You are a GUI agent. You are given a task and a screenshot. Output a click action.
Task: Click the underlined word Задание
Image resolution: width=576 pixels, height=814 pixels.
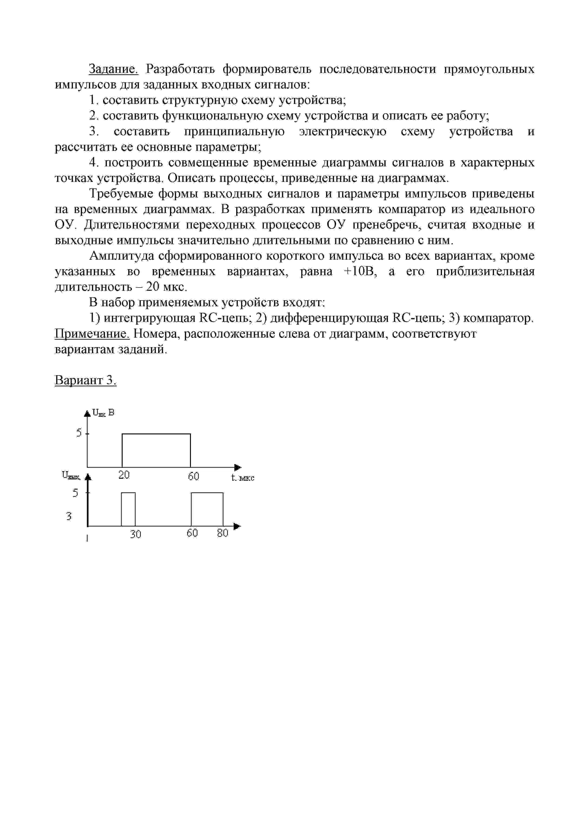pyautogui.click(x=113, y=69)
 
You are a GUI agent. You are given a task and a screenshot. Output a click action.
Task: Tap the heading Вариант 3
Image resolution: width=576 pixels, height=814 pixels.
pyautogui.click(x=85, y=380)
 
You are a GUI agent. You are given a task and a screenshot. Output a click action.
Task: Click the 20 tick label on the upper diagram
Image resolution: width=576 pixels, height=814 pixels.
pyautogui.click(x=124, y=475)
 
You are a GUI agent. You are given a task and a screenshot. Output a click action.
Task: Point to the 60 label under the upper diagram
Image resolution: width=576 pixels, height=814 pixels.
pyautogui.click(x=193, y=476)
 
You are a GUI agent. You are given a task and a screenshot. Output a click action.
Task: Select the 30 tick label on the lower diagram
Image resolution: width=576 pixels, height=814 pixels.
pyautogui.click(x=135, y=534)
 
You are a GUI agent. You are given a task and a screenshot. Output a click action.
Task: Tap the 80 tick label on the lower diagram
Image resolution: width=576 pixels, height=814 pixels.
pyautogui.click(x=223, y=533)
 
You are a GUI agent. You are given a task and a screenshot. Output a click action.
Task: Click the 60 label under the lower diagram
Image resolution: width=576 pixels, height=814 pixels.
pyautogui.click(x=192, y=533)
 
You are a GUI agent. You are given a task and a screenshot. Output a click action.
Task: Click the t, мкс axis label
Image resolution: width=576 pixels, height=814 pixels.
pyautogui.click(x=242, y=478)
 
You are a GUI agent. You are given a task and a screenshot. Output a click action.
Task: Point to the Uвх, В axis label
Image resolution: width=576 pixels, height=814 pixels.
pyautogui.click(x=103, y=413)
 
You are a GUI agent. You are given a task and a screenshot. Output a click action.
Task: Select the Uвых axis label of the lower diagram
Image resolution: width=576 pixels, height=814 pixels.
pyautogui.click(x=71, y=475)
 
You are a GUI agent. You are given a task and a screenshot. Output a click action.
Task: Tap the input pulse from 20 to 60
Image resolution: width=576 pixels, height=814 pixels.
pyautogui.click(x=156, y=450)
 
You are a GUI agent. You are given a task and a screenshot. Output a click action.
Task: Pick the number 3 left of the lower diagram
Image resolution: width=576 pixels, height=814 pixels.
pyautogui.click(x=69, y=516)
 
